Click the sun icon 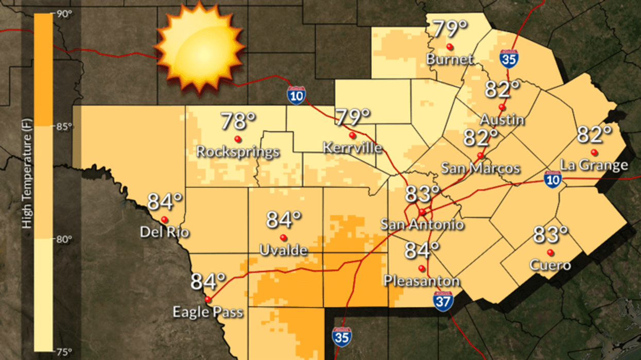point(198,48)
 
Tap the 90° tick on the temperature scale point(64,14)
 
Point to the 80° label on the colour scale point(64,239)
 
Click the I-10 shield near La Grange point(552,179)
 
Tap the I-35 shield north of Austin point(509,58)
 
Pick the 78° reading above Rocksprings point(238,122)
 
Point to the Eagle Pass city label point(207,312)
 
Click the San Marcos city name point(481,168)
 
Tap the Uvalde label point(283,251)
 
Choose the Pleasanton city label point(422,281)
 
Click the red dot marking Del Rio point(164,219)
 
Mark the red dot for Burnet point(449,47)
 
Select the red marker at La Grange point(594,152)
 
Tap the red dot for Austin point(501,107)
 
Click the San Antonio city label point(422,225)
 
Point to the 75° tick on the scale point(64,352)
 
